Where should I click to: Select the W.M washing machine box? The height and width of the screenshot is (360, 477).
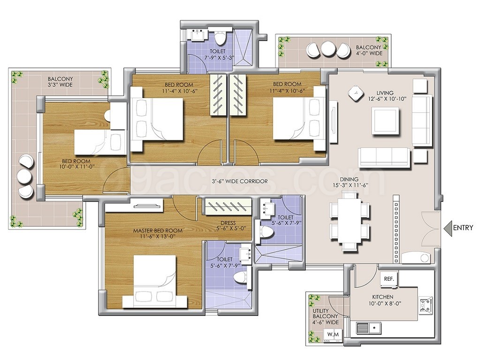(333, 335)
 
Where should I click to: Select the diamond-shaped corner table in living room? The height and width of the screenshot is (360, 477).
(356, 93)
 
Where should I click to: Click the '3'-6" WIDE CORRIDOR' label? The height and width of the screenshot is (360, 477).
(240, 181)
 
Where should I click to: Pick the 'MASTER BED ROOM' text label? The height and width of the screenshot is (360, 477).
(158, 230)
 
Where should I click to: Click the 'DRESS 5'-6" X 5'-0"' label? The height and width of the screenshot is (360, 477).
(228, 225)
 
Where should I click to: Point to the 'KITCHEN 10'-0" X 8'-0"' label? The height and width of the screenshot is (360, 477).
(382, 300)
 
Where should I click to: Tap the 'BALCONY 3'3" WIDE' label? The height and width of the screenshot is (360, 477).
(60, 82)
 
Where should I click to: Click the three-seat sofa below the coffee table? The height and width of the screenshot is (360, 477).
(384, 157)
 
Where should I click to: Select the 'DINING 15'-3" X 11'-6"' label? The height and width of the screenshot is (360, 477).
(349, 182)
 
